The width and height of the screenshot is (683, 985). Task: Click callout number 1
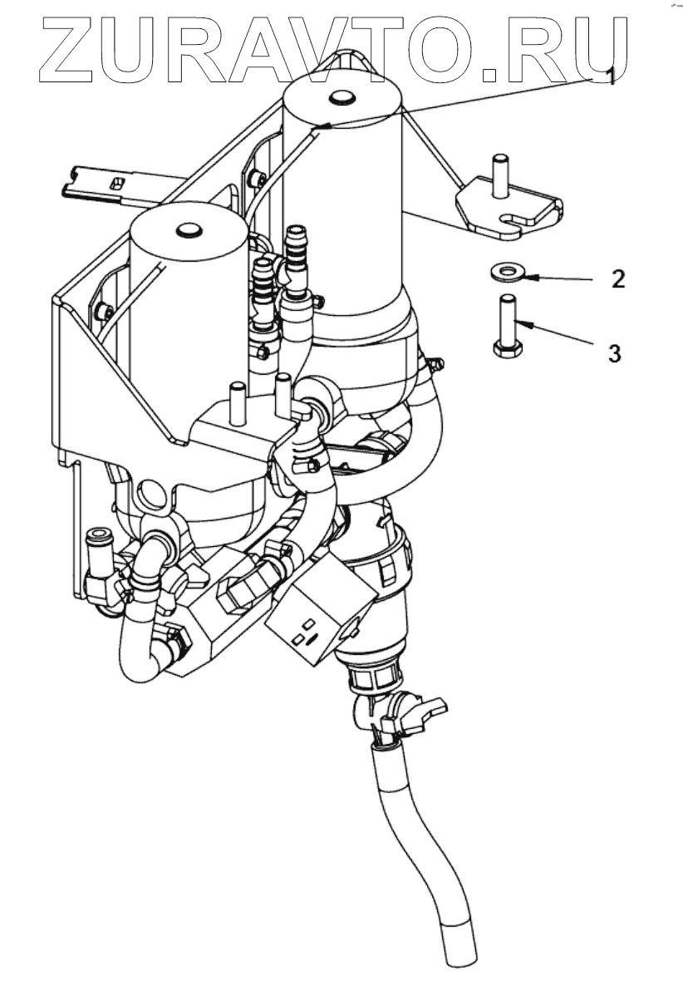pyautogui.click(x=611, y=78)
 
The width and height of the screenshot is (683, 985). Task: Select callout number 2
pyautogui.click(x=616, y=279)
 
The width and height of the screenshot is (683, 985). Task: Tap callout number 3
pyautogui.click(x=613, y=354)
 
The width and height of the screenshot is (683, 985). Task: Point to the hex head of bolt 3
pyautogui.click(x=504, y=350)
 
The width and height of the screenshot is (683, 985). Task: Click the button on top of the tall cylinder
pyautogui.click(x=341, y=97)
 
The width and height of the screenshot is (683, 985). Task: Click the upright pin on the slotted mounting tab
pyautogui.click(x=500, y=175)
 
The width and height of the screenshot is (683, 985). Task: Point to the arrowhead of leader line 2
pyautogui.click(x=523, y=274)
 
